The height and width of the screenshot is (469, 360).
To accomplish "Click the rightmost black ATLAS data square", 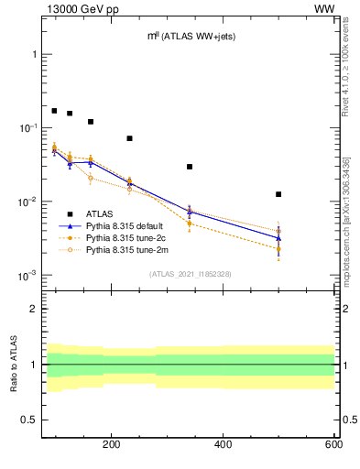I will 278,194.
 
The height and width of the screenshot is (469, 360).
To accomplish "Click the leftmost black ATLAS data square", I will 54,111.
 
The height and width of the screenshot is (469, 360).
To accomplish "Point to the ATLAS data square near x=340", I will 190,167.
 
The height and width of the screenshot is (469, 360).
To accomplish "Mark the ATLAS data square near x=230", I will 129,138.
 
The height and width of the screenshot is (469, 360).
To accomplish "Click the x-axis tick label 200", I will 112,445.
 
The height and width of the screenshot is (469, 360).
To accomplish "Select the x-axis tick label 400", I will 223,445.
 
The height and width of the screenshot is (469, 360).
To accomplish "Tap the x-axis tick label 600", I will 333,445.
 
